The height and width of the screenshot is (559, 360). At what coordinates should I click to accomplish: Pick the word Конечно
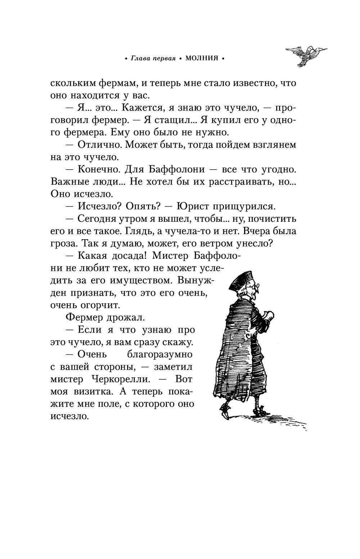pyautogui.click(x=99, y=169)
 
